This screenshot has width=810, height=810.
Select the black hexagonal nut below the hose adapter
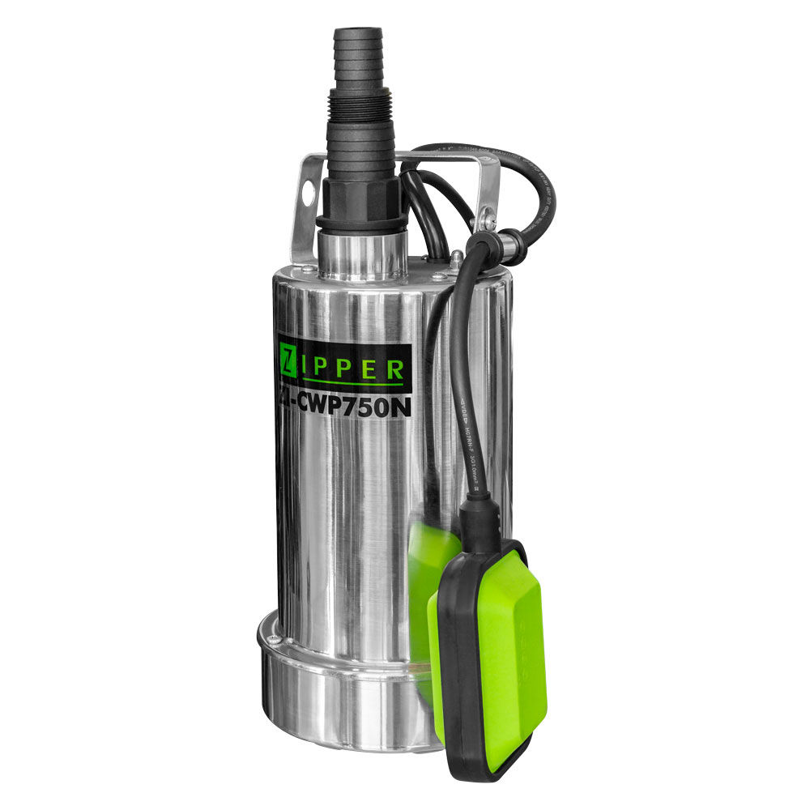coord(361,198)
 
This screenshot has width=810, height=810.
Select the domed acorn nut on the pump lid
coord(458,260)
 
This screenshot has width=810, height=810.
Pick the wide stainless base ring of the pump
coord(340,705)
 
